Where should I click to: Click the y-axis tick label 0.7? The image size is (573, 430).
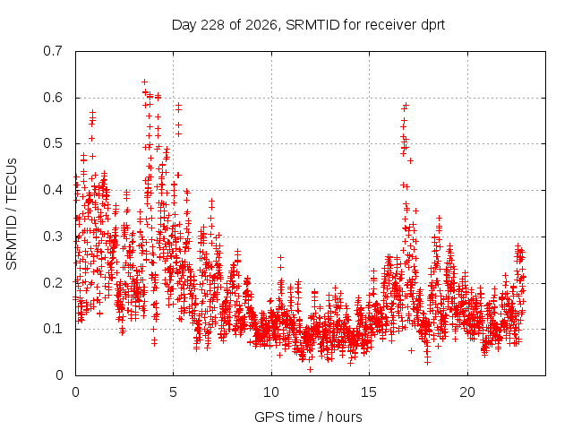tap(53, 51)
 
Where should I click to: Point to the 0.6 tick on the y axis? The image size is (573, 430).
tap(53, 98)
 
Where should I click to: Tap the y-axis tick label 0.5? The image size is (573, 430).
tap(53, 143)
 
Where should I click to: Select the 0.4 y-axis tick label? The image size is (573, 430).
tap(53, 190)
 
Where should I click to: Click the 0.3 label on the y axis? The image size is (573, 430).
tap(53, 236)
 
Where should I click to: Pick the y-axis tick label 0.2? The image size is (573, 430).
tap(53, 283)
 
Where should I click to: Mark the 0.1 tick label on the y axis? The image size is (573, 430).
tap(53, 329)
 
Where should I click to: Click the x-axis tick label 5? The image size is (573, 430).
tap(173, 392)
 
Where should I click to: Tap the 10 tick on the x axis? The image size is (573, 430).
tap(271, 392)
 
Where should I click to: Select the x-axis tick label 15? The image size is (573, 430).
tap(369, 392)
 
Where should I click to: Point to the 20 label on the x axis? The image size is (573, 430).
tap(467, 392)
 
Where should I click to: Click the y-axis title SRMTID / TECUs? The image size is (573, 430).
tap(12, 214)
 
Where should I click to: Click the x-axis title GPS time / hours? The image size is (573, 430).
tap(308, 417)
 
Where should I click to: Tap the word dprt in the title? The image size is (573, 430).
tap(433, 25)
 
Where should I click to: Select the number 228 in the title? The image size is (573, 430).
tap(213, 25)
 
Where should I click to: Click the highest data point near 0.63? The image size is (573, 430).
tap(145, 82)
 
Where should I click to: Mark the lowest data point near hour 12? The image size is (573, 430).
tap(310, 370)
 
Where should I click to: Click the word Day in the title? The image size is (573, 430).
tap(184, 26)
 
